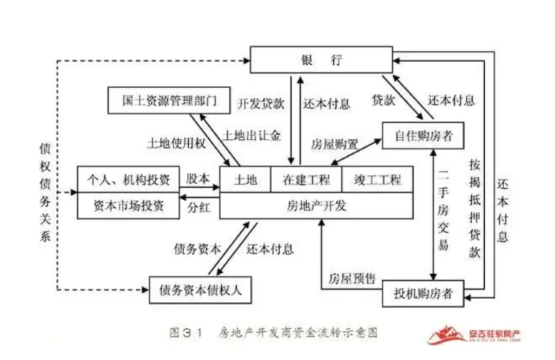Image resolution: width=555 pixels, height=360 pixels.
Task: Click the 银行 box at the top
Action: (321, 58)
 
